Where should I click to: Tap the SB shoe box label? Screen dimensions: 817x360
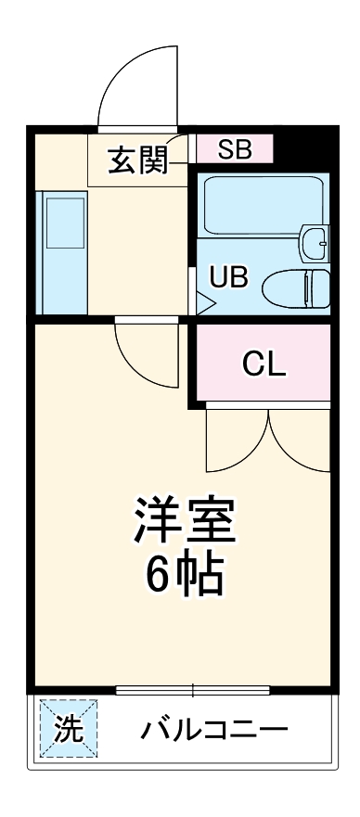[x=236, y=148]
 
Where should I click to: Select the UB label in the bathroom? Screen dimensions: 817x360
[x=227, y=276]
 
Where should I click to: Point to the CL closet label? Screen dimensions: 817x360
[x=264, y=364]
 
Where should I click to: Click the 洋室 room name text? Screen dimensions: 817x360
[x=185, y=521]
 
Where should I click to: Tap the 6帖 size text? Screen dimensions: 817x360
[x=185, y=576]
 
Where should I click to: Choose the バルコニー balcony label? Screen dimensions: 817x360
[x=214, y=729]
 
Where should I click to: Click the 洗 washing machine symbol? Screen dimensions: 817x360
[x=68, y=729]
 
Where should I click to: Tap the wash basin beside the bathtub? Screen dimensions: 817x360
[x=315, y=243]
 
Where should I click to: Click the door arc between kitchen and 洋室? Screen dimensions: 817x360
[x=148, y=357]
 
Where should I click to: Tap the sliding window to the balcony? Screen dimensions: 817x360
[x=193, y=689]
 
